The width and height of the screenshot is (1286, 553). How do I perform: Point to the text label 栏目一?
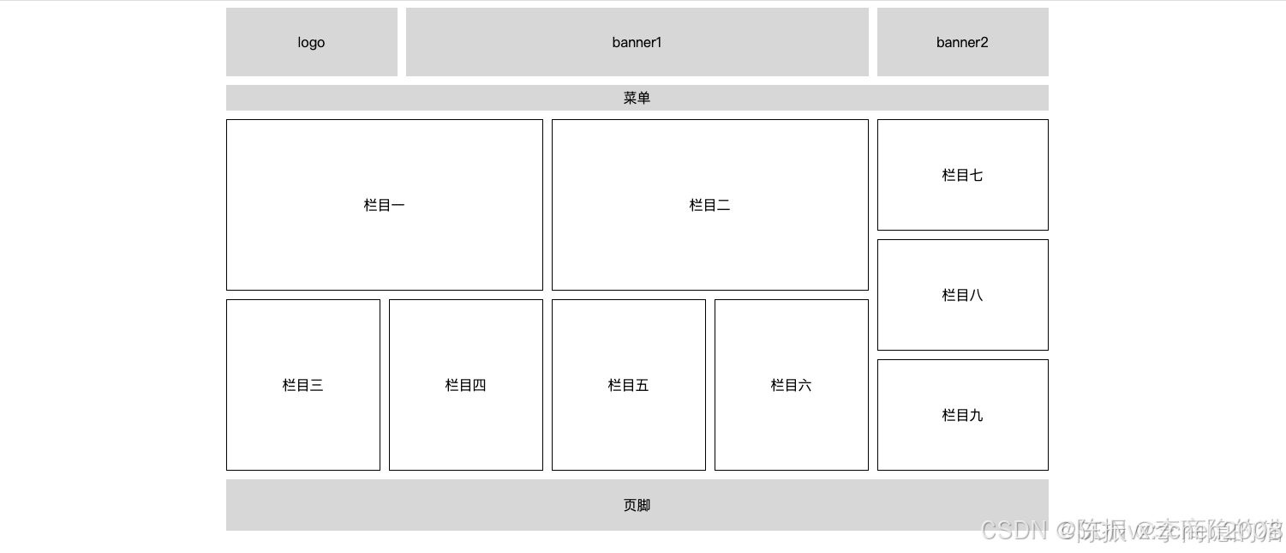click(384, 205)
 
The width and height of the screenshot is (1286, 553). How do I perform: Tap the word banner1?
click(637, 42)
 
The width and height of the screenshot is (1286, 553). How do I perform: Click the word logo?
click(311, 42)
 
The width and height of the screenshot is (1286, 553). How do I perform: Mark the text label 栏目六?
click(791, 385)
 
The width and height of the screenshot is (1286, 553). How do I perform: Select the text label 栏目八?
click(962, 295)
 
